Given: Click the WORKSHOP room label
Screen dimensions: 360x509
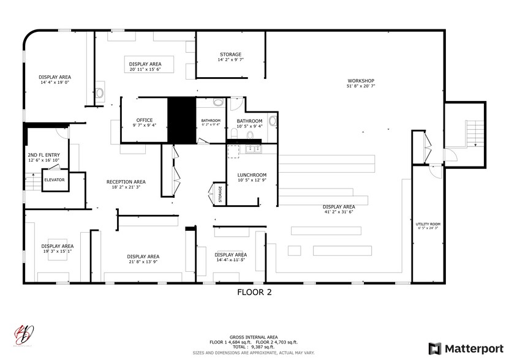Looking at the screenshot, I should click(360, 81).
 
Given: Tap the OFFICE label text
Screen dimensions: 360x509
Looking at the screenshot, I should click(145, 120).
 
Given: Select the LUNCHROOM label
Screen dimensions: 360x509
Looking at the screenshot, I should click(252, 175).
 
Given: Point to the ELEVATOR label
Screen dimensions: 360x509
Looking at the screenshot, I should click(54, 179).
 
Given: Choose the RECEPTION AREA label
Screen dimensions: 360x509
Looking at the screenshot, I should click(126, 182).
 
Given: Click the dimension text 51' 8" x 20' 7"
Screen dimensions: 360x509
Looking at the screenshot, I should click(360, 87).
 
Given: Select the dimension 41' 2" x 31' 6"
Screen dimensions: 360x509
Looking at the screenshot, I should click(339, 212).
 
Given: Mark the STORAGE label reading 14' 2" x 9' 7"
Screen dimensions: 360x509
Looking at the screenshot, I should click(230, 54).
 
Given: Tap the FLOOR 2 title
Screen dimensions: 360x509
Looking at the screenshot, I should click(254, 292).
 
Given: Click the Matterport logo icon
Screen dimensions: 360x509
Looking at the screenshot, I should click(434, 348).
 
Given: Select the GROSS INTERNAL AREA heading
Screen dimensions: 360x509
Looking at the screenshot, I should click(254, 337).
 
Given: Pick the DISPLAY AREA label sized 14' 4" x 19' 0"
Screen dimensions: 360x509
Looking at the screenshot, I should click(55, 77).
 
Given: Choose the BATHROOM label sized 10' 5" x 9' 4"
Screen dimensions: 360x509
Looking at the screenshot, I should click(249, 121).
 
